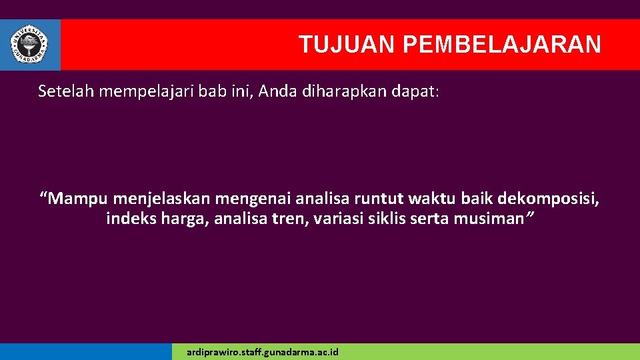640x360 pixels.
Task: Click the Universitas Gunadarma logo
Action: (x=29, y=44)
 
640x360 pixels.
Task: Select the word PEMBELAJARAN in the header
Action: (x=502, y=45)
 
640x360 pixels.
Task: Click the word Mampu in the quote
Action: (x=77, y=199)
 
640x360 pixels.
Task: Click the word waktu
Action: (x=431, y=198)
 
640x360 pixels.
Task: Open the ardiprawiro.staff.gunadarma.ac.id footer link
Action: (x=263, y=351)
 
